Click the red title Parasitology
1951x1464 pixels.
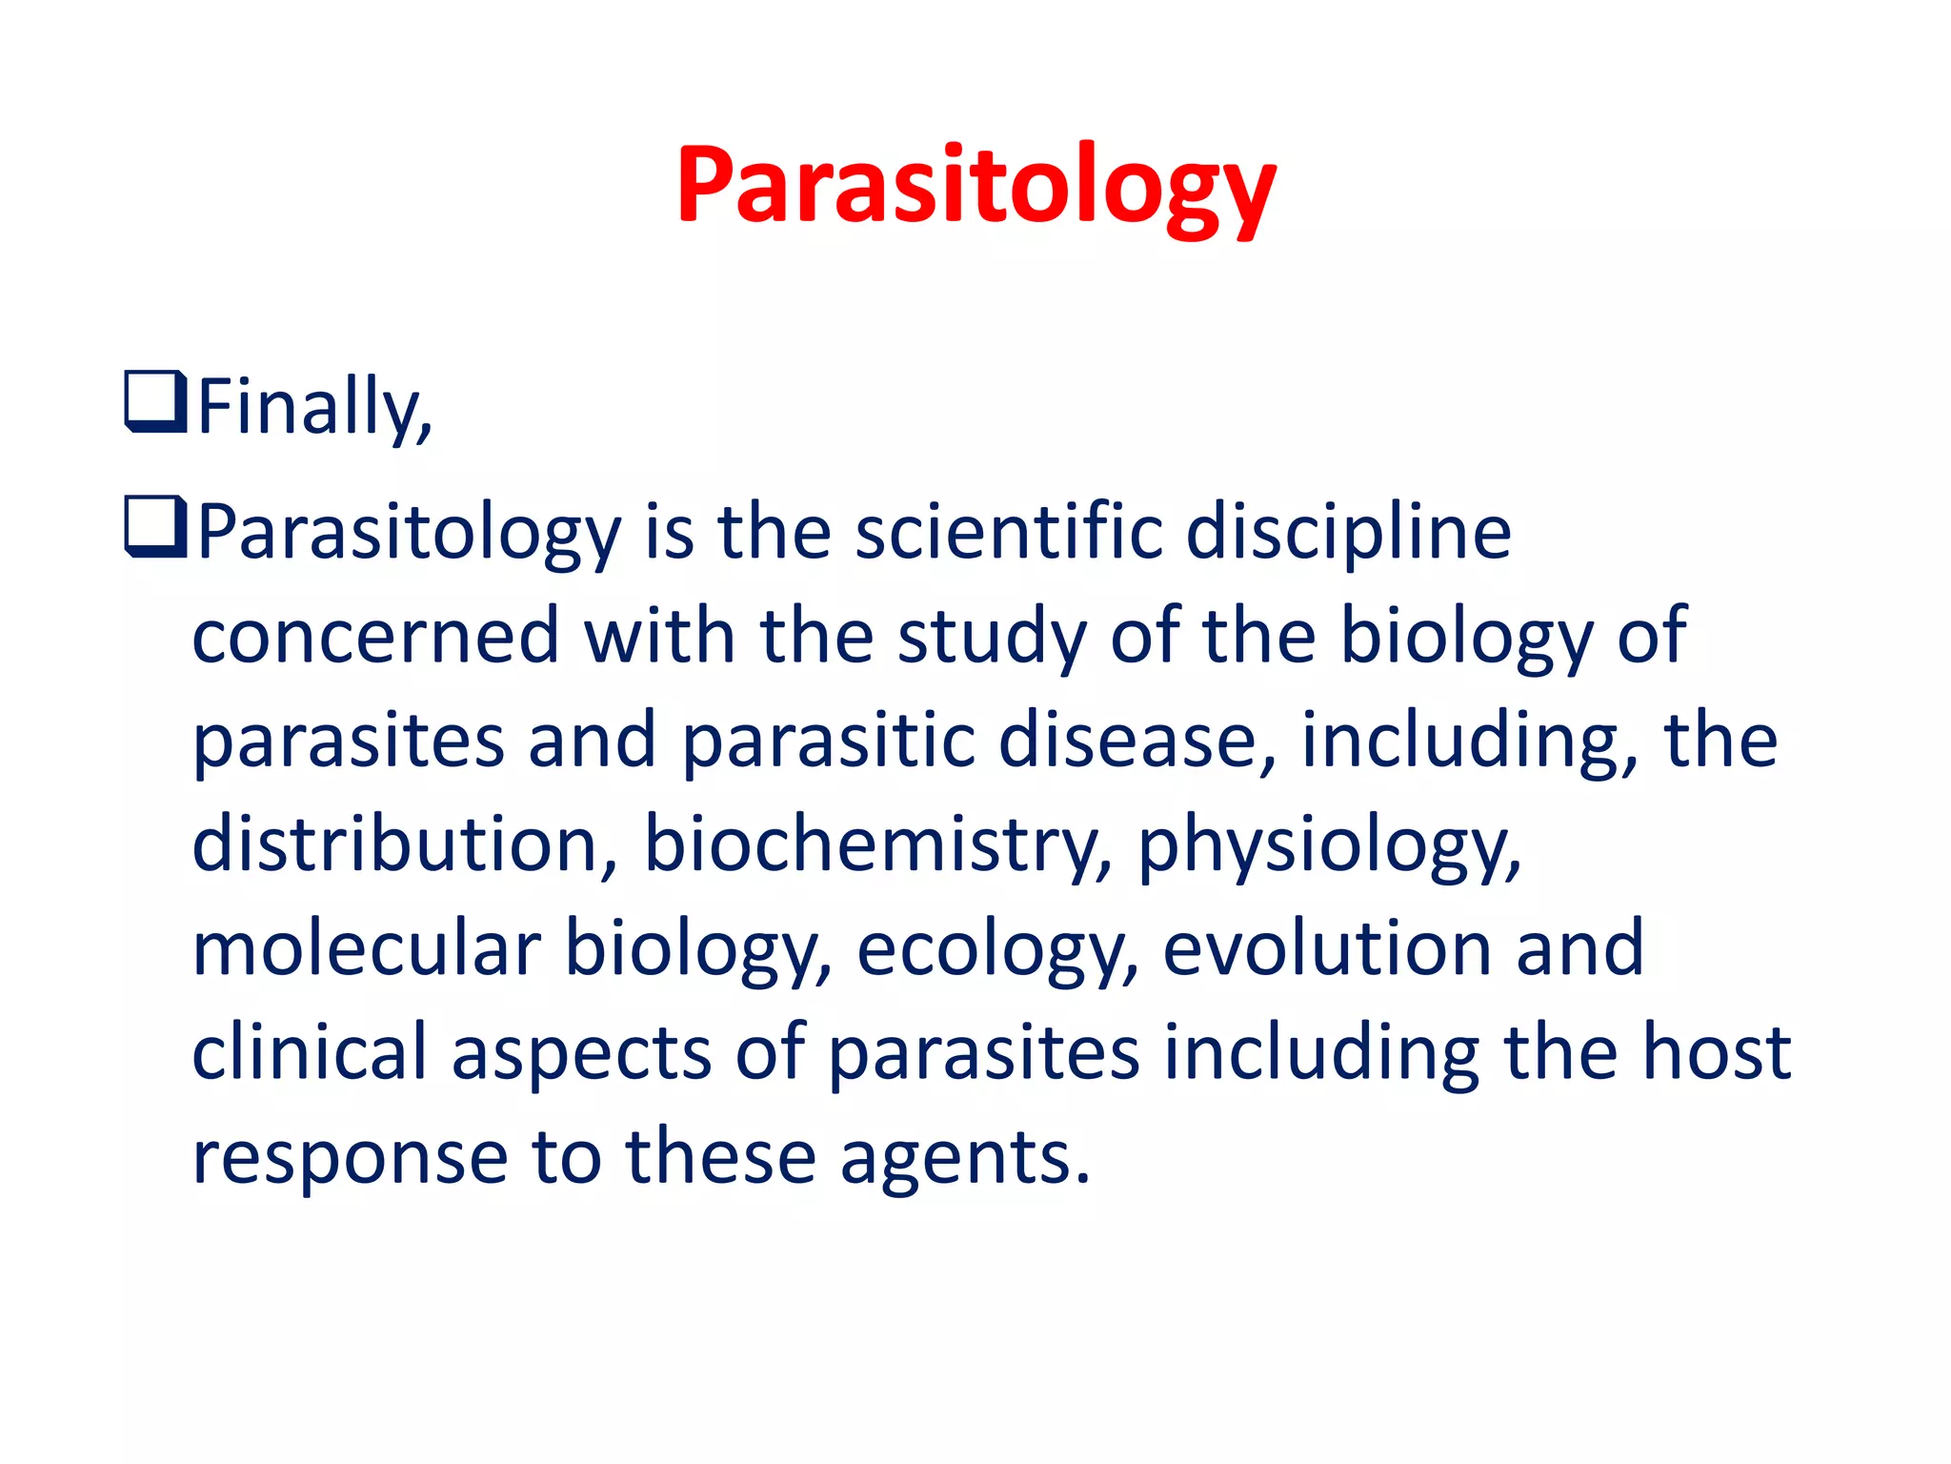point(975,185)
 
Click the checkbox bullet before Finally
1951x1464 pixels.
point(155,402)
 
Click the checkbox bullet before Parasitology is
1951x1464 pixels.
point(155,527)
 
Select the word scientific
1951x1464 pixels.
point(1009,531)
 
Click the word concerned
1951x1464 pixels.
point(375,637)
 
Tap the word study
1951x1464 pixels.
point(992,637)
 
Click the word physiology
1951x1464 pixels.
point(1327,844)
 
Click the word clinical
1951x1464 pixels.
point(309,1052)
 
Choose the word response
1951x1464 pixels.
point(350,1157)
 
